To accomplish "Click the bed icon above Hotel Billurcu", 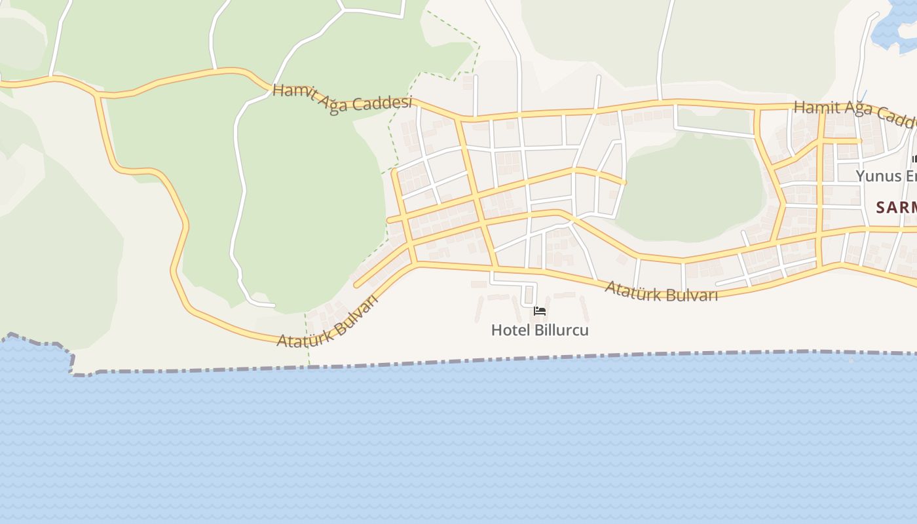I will [x=540, y=310].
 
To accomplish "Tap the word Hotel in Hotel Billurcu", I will [x=507, y=330].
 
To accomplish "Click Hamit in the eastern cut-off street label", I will [x=815, y=107].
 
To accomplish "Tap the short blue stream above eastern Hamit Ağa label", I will [x=863, y=96].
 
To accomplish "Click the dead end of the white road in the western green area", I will [x=274, y=305].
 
